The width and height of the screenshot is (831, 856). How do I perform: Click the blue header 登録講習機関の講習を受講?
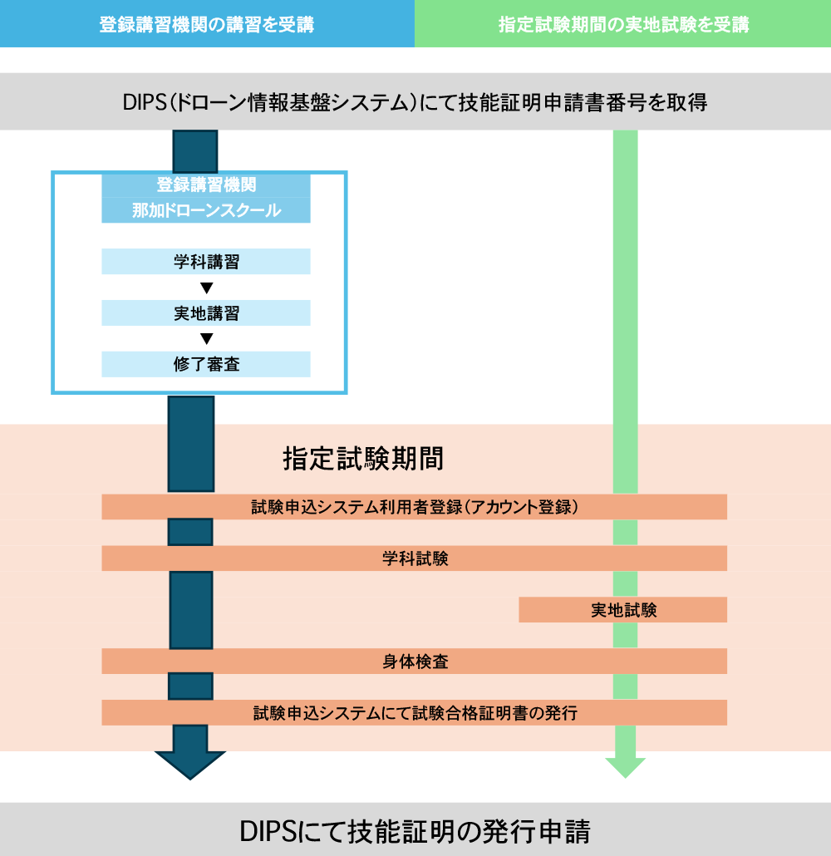207,24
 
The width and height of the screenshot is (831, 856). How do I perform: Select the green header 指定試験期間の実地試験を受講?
623,24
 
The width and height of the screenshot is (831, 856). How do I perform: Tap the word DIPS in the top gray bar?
144,102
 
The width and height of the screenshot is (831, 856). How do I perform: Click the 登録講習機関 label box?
206,184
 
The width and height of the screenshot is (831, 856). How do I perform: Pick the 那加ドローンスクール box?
206,210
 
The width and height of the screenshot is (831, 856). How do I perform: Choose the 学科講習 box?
206,262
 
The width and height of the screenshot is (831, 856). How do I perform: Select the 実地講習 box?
206,313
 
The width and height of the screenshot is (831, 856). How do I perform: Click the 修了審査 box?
206,364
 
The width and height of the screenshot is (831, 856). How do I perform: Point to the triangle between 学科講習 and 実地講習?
207,288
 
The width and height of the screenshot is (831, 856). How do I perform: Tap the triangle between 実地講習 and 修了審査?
207,338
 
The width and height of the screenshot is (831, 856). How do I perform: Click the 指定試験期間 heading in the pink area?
363,458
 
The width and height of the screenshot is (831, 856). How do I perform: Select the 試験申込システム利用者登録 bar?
414,507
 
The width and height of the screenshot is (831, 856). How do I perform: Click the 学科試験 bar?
414,558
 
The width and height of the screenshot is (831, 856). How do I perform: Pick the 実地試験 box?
623,610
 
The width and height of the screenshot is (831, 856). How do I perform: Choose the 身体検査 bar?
414,662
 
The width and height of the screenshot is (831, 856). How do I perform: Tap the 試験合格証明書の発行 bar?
414,713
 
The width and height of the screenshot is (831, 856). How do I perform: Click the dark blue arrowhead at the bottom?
190,762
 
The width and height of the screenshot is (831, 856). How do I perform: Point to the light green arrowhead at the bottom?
625,765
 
